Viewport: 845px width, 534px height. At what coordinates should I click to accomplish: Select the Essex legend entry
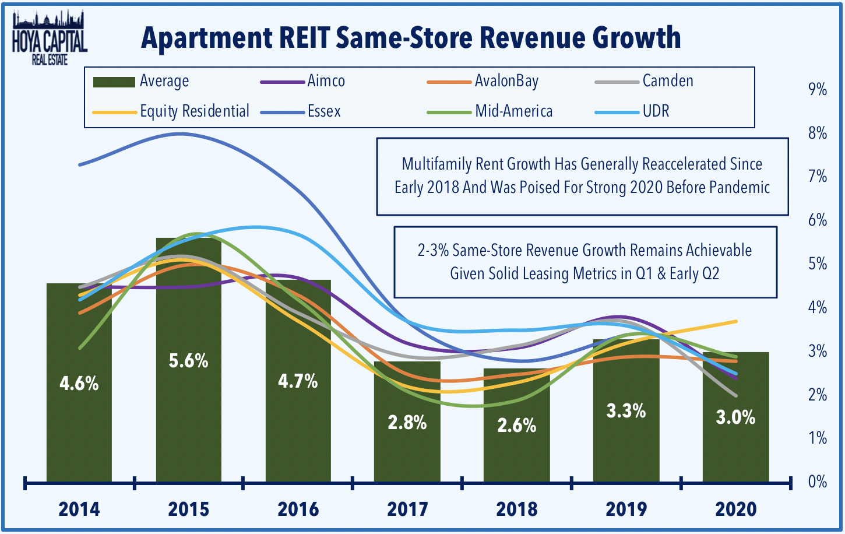point(323,111)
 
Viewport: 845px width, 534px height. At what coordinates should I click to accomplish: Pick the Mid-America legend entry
point(513,111)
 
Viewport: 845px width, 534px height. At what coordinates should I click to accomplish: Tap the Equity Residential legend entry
point(194,111)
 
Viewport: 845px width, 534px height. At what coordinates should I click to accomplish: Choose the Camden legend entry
point(667,81)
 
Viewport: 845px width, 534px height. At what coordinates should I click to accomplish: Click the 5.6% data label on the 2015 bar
point(188,361)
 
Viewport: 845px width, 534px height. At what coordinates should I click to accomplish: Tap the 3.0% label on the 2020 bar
point(735,417)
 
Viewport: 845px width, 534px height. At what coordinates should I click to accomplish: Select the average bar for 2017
point(407,455)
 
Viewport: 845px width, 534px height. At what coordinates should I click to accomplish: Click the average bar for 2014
point(79,437)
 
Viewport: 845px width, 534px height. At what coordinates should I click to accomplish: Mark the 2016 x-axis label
point(298,509)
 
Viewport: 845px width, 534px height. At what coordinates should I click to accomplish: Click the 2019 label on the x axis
point(626,509)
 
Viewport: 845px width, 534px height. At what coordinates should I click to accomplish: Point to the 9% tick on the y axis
point(817,90)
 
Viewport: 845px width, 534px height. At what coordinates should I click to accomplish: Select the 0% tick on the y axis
point(817,482)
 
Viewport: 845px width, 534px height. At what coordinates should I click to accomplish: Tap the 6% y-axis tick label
point(817,220)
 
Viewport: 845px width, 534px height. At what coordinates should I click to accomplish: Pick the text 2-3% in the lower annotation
point(432,251)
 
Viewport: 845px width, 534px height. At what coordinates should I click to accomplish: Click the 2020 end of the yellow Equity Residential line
point(737,321)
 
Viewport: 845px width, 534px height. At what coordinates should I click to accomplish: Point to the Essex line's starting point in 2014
point(80,165)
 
